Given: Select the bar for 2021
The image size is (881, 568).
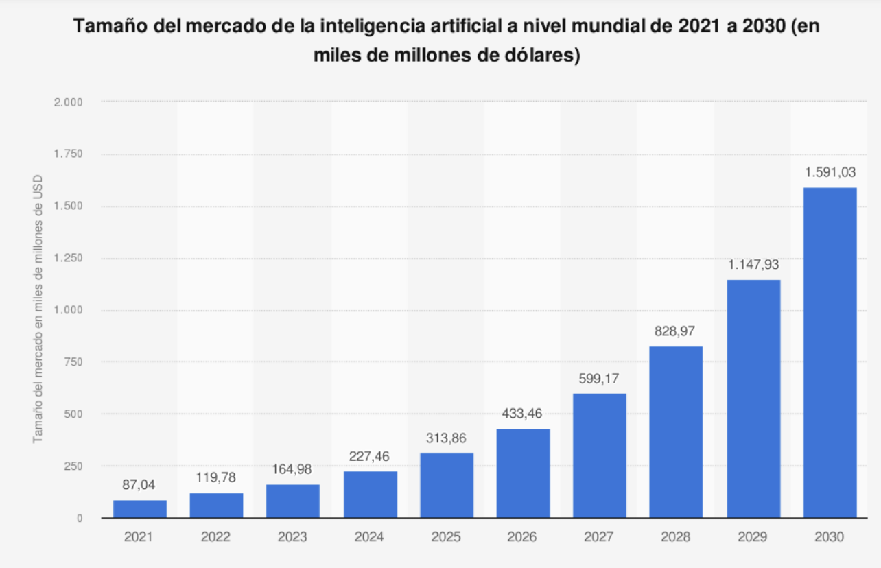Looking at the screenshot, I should click(x=140, y=509).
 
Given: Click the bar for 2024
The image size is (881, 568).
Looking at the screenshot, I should click(x=370, y=494).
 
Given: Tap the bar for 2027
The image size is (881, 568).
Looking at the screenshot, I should click(x=600, y=455).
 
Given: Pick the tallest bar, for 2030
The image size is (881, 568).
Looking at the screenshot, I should click(x=830, y=353).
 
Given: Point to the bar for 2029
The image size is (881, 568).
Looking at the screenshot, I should click(x=753, y=399).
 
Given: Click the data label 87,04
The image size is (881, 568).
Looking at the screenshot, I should click(x=140, y=485).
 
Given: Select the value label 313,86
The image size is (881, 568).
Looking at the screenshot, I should click(x=447, y=438).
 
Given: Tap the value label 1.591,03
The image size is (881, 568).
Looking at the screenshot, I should click(x=830, y=172).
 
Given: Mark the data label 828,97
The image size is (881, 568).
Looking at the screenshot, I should click(x=677, y=331).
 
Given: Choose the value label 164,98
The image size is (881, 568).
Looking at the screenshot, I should click(x=293, y=469).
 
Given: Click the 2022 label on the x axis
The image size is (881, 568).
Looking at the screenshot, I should click(x=216, y=536).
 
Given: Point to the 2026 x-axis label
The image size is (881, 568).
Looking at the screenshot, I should click(x=523, y=536).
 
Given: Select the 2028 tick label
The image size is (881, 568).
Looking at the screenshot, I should click(x=677, y=536).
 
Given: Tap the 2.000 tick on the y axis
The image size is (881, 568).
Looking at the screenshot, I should click(x=68, y=102).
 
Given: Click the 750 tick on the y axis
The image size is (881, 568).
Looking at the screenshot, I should click(x=73, y=362).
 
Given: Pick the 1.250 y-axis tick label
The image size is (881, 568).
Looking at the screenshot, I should click(x=68, y=259).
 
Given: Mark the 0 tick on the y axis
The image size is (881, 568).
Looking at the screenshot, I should click(x=80, y=519).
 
